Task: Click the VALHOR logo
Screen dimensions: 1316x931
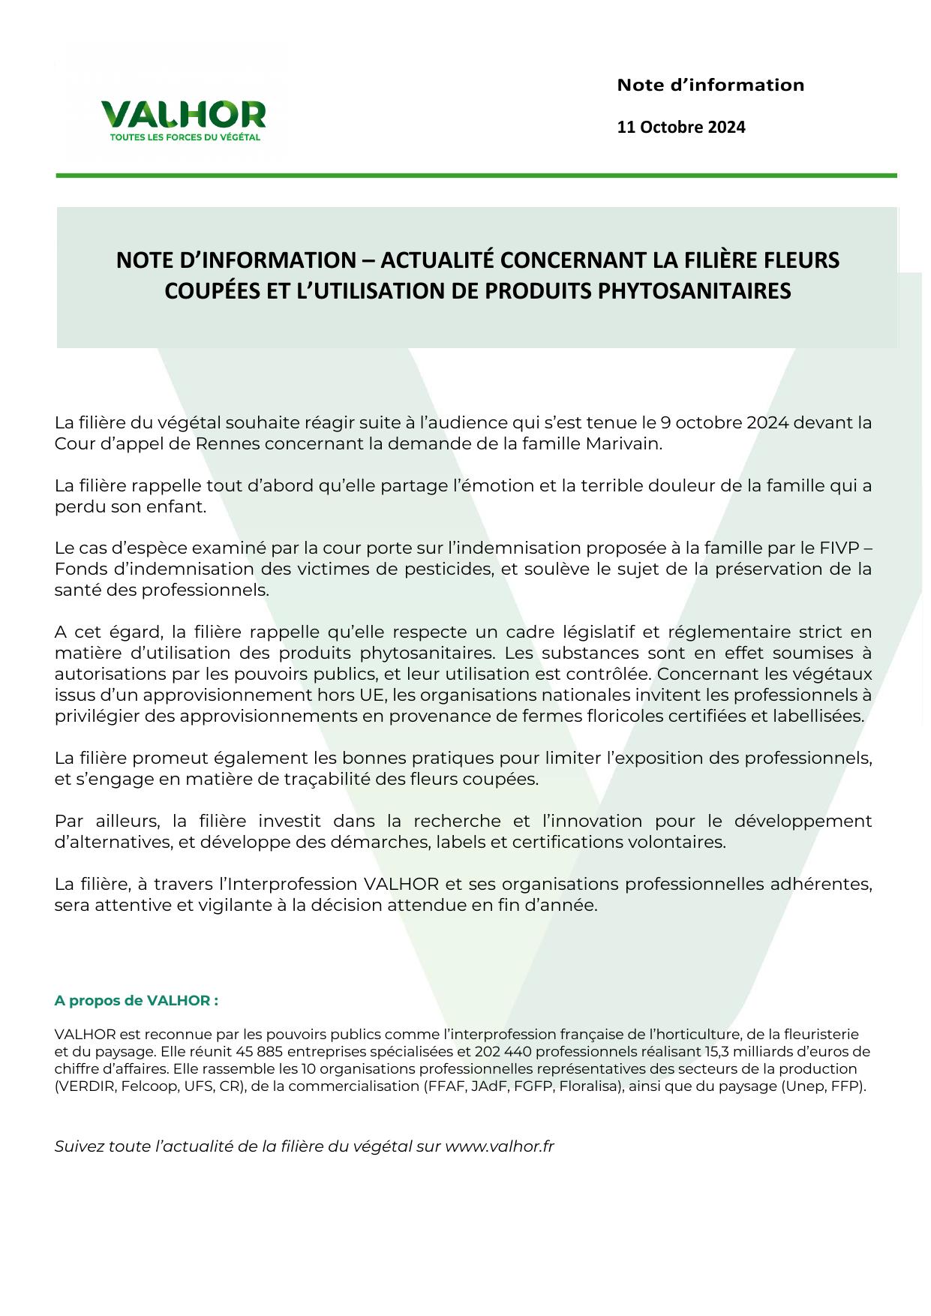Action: point(183,115)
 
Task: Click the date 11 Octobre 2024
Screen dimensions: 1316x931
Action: point(680,127)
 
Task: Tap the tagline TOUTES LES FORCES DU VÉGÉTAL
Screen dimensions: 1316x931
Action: point(185,137)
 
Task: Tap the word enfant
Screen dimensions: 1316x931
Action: point(180,506)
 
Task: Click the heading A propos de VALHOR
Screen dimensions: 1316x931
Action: point(137,1000)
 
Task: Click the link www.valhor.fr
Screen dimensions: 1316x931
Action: point(500,1146)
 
